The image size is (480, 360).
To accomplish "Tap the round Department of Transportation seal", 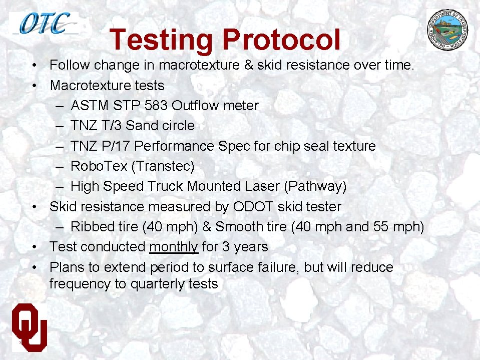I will click(x=451, y=30).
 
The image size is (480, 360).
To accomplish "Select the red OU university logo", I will click(x=30, y=325).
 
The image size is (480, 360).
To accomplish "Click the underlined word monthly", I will click(x=174, y=247).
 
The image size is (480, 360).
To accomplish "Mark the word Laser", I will click(x=262, y=186).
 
